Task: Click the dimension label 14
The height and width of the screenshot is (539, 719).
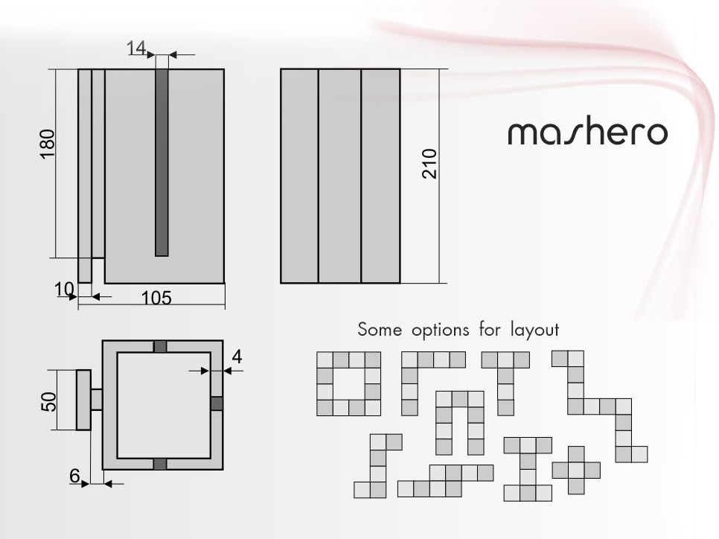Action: point(136,48)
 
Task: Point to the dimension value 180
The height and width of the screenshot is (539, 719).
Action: point(48,144)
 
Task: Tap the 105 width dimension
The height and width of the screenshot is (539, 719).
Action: point(156,299)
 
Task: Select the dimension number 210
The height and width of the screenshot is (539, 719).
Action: point(429,163)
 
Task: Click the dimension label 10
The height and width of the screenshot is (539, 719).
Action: point(64,290)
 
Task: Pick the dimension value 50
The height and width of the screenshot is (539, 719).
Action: point(48,402)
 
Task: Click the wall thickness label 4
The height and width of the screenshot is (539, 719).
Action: point(237,357)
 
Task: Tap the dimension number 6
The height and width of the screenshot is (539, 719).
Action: point(74,476)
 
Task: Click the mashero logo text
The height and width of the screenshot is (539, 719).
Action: point(587,133)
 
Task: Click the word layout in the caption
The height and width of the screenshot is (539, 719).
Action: point(534,331)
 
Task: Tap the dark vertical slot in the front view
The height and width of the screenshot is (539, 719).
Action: point(162,162)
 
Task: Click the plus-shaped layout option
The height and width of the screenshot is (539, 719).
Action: point(576,471)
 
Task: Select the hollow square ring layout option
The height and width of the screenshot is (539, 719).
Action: point(325,384)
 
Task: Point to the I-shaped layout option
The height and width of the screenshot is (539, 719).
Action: point(528,469)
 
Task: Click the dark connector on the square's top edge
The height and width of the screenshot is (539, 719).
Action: point(160,346)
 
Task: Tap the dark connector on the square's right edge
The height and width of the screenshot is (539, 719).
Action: point(217,404)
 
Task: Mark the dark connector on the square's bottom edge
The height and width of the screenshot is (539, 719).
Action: point(160,464)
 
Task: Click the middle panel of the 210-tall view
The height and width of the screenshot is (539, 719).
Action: point(340,176)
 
